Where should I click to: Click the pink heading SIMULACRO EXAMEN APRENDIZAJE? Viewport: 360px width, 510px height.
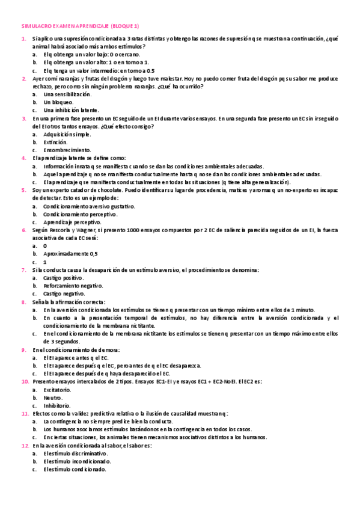[x=79, y=26]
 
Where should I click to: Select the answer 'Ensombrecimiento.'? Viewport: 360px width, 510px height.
[x=68, y=150]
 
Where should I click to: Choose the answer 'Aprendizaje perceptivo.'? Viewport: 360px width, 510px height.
[x=73, y=222]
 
